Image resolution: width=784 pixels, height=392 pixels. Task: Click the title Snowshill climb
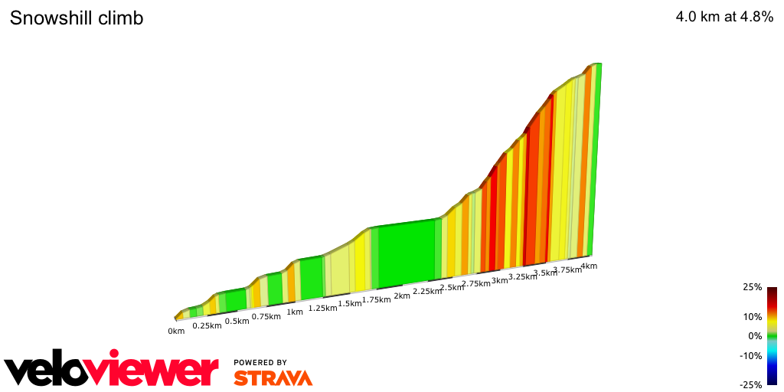77,18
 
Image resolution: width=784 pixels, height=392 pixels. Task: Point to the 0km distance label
176,331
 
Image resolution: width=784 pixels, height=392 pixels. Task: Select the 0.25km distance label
207,325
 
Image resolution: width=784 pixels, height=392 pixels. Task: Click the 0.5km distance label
237,321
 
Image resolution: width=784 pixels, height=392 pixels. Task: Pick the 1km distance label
295,312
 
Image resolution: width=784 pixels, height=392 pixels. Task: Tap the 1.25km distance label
322,308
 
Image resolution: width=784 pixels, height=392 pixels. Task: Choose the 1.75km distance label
377,300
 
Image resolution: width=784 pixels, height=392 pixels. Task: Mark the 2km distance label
402,296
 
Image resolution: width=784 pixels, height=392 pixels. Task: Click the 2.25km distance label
426,292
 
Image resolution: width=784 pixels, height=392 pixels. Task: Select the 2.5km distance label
452,288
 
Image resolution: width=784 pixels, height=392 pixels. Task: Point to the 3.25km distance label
522,276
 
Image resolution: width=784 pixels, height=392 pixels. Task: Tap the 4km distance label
589,266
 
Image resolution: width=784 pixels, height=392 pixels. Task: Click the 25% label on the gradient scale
752,287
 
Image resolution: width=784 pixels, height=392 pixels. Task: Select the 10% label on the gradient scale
752,316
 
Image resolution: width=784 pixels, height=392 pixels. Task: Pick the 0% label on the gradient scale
755,336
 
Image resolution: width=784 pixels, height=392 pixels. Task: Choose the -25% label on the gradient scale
750,385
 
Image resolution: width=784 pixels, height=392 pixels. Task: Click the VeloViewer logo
111,370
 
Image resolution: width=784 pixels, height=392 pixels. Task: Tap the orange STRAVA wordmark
273,377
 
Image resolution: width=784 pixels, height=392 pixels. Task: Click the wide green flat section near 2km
407,253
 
